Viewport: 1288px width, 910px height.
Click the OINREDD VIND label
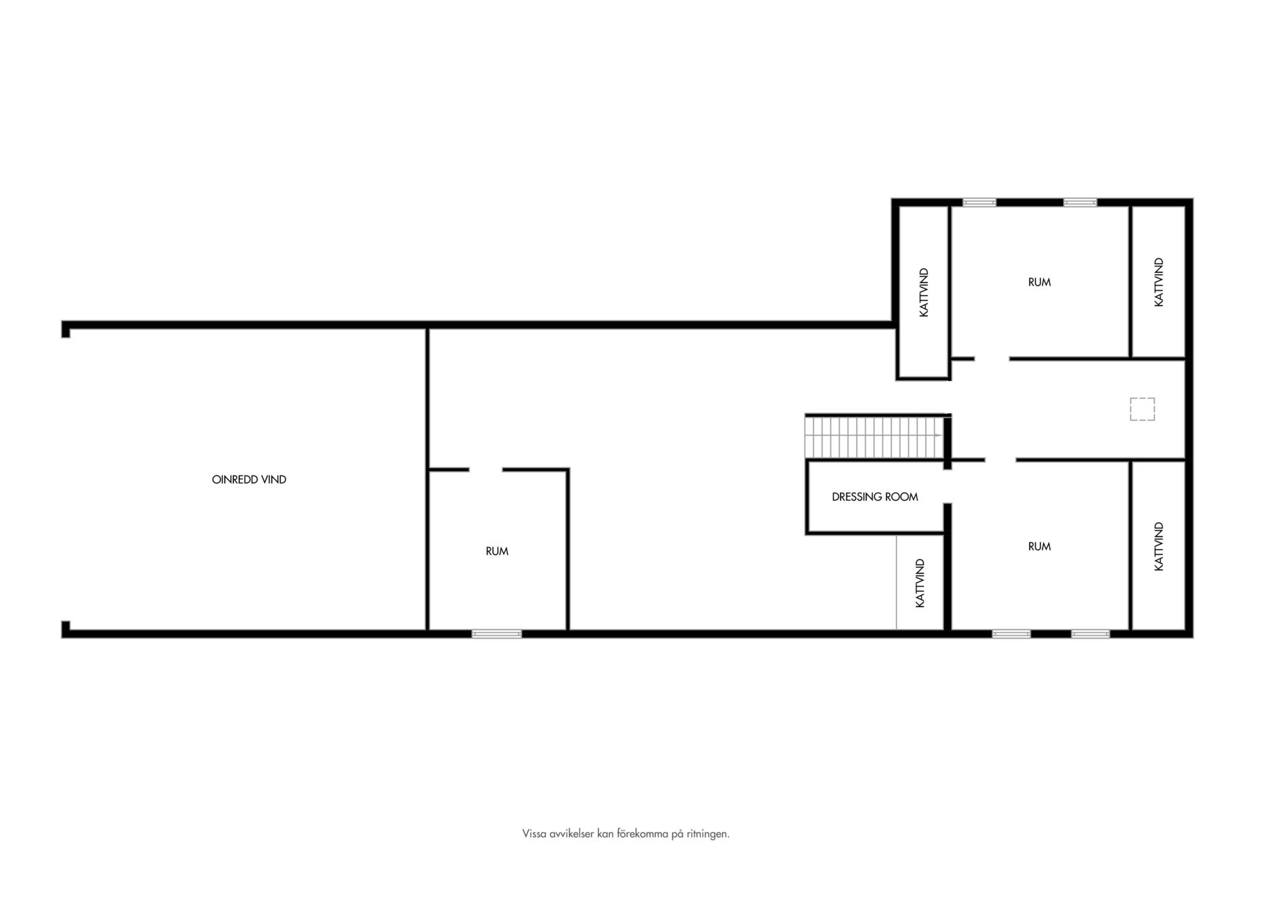(x=249, y=479)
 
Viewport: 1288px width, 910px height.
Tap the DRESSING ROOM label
(x=875, y=497)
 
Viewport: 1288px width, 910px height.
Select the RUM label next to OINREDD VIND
(x=497, y=551)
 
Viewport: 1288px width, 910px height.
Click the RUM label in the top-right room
(x=1039, y=282)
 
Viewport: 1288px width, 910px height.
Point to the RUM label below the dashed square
(x=1039, y=547)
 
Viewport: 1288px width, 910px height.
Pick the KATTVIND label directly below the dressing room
(x=920, y=583)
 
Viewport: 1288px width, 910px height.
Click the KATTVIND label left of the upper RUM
(x=924, y=292)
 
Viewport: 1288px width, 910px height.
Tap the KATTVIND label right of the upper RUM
(x=1159, y=282)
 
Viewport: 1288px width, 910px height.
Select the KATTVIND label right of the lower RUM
(x=1159, y=547)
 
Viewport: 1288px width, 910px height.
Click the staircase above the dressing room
(x=874, y=437)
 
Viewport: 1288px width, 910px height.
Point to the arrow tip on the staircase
(x=941, y=435)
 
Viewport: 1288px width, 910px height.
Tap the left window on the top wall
(x=979, y=202)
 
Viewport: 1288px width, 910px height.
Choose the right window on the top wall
(x=1080, y=202)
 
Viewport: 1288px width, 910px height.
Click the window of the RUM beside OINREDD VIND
(x=496, y=634)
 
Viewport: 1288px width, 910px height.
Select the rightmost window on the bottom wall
(x=1090, y=634)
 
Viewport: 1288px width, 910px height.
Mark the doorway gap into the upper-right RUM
(x=992, y=359)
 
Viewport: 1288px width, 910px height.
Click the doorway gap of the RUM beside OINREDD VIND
(x=486, y=469)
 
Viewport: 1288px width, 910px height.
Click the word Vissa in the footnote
(x=534, y=834)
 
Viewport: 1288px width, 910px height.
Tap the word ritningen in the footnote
(x=708, y=834)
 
